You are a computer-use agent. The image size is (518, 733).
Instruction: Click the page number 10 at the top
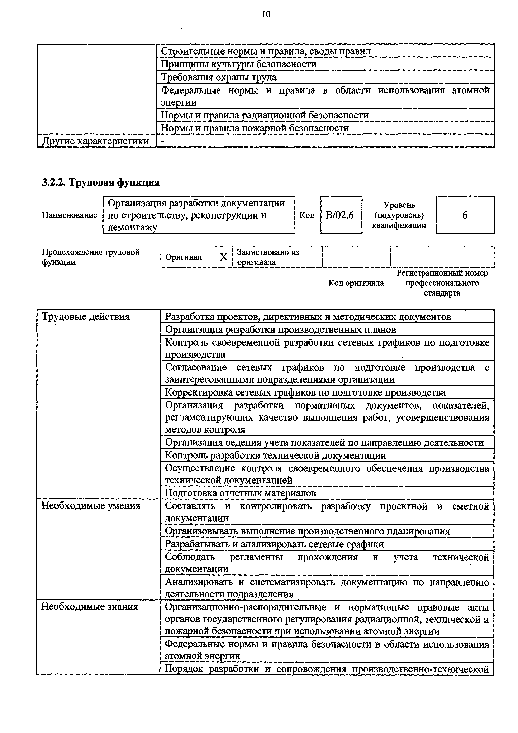click(x=266, y=14)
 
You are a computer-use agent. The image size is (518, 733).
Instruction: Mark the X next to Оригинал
click(x=224, y=257)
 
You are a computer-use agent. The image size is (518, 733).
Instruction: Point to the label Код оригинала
click(x=356, y=283)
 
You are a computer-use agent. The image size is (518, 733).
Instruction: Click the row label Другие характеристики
click(x=96, y=141)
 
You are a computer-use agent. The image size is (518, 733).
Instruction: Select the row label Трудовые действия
click(x=86, y=317)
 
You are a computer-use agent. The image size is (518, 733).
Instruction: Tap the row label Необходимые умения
click(x=91, y=506)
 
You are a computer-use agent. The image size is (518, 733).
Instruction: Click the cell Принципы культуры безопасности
click(x=239, y=64)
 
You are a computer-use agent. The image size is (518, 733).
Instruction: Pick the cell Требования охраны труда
click(x=219, y=77)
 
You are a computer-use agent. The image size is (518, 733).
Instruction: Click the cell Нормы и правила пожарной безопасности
click(x=255, y=128)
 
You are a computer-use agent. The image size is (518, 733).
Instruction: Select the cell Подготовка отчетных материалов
click(x=240, y=493)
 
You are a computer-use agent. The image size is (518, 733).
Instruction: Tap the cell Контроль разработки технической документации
click(x=275, y=455)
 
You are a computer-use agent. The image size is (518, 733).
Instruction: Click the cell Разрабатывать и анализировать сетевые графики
click(x=274, y=544)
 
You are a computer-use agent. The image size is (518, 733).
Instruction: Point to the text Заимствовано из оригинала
click(x=268, y=257)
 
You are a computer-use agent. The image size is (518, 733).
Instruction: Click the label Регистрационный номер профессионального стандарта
click(x=442, y=283)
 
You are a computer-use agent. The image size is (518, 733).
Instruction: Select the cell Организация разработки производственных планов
click(x=281, y=330)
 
